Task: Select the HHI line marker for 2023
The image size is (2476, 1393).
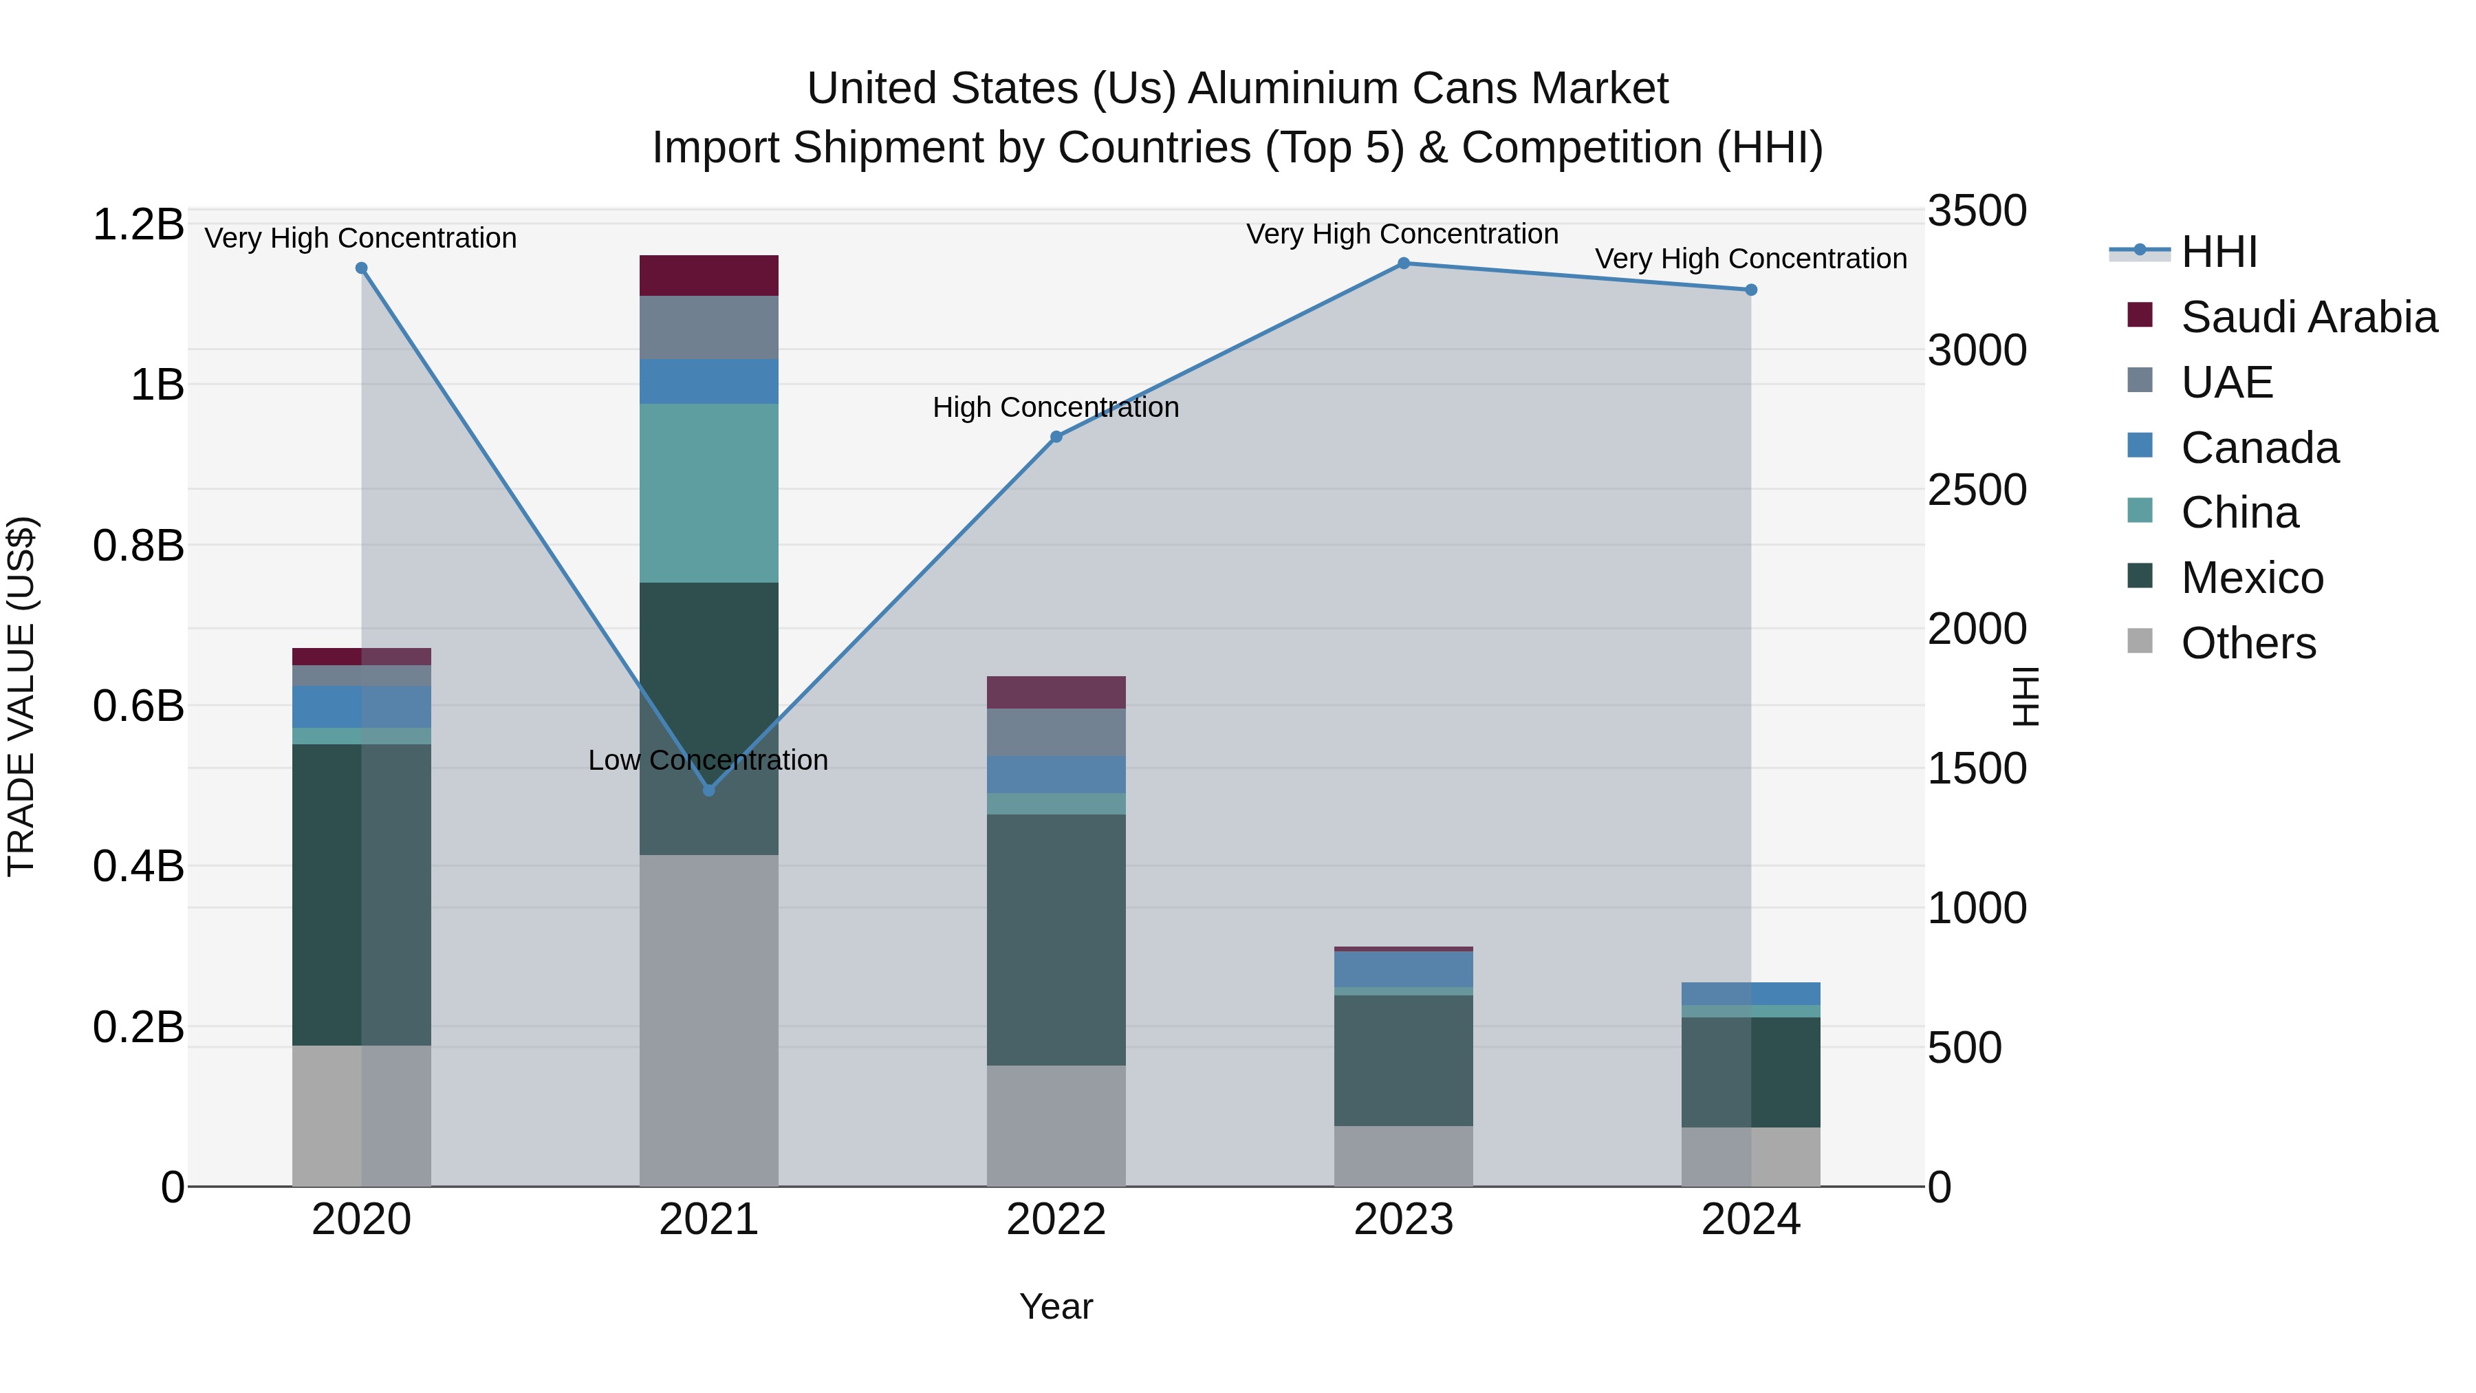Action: (1403, 263)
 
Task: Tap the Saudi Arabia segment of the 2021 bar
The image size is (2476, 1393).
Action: (709, 276)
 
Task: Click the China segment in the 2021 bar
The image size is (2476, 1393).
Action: (709, 493)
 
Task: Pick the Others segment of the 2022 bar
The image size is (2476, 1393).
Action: (1056, 1125)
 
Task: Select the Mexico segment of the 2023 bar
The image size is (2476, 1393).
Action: (1403, 1060)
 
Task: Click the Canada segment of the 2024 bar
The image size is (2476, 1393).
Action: (1750, 994)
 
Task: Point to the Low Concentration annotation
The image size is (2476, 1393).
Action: (708, 760)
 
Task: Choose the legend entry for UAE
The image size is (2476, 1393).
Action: (2226, 382)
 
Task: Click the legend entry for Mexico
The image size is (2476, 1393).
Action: (2251, 578)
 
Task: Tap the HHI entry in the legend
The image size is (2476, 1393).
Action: (2218, 252)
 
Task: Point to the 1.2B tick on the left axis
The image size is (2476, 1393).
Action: (138, 225)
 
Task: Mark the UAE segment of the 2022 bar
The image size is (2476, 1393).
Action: (1056, 733)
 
